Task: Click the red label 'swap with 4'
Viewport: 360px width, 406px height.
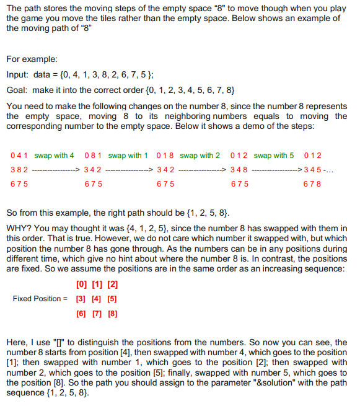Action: pyautogui.click(x=55, y=155)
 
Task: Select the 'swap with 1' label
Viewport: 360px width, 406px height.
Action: pyautogui.click(x=128, y=155)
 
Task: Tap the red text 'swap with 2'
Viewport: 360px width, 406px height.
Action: pyautogui.click(x=200, y=155)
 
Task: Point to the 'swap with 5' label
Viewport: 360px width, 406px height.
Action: pyautogui.click(x=274, y=155)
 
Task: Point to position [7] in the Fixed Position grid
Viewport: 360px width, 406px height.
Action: pyautogui.click(x=96, y=313)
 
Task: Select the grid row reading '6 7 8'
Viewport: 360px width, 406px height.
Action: pyautogui.click(x=313, y=183)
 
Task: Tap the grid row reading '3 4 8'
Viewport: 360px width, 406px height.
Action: pyautogui.click(x=239, y=169)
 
